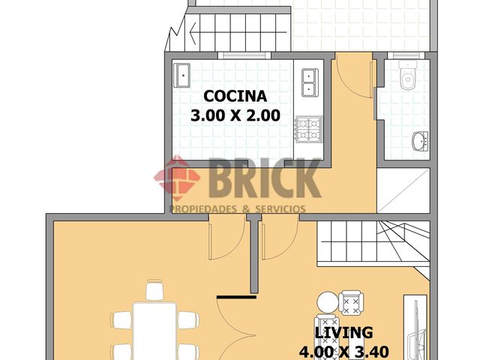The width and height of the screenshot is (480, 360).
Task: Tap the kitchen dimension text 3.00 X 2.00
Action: click(236, 115)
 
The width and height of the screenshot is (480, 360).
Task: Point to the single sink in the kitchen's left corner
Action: click(182, 75)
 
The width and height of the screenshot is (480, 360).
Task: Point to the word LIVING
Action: click(343, 332)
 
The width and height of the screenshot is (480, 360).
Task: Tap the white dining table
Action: click(154, 330)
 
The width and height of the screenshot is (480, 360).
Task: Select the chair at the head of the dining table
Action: click(154, 289)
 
